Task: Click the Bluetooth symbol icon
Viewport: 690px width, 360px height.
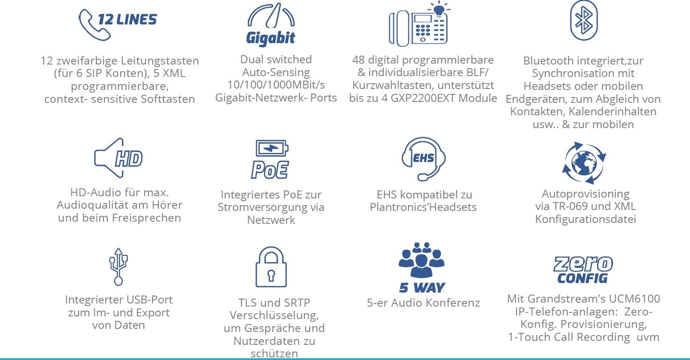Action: (584, 20)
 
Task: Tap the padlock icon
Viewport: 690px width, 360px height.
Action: (271, 267)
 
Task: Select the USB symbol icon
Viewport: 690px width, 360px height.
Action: (119, 267)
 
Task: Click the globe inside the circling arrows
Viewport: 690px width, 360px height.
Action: (584, 162)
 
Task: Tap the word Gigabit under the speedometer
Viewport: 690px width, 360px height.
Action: (270, 38)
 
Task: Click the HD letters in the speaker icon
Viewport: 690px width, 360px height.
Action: (129, 159)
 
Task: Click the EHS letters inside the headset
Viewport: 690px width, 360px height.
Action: (423, 158)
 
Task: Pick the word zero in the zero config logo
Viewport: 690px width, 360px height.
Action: (583, 264)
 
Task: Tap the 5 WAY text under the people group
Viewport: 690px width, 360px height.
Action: (422, 287)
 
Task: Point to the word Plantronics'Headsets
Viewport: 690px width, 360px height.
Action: (423, 207)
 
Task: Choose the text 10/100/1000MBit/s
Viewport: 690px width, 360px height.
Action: (276, 85)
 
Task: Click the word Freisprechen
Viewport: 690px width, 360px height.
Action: (146, 218)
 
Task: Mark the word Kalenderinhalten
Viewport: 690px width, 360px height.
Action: (613, 112)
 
